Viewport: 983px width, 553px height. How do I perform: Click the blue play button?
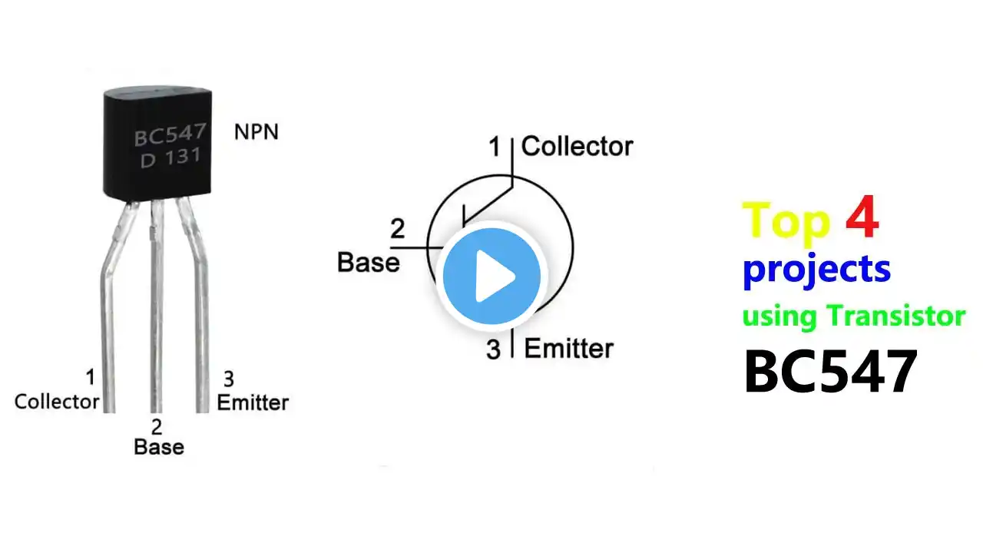[x=491, y=276]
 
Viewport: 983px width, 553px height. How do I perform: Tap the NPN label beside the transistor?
[x=257, y=131]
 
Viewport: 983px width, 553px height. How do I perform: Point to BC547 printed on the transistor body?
[x=170, y=134]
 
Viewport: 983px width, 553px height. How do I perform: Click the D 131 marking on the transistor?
[x=170, y=157]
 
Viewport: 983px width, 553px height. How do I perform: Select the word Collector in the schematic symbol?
[x=577, y=146]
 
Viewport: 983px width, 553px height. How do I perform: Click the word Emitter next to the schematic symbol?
[x=569, y=349]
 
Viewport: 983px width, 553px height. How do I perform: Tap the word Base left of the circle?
[x=368, y=263]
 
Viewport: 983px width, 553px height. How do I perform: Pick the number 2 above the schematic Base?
[x=397, y=228]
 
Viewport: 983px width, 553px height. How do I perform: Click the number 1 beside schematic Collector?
[x=495, y=146]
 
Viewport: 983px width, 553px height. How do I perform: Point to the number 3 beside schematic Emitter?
[x=493, y=349]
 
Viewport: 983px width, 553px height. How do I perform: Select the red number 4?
[x=862, y=217]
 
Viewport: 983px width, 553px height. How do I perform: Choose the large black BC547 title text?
[x=831, y=371]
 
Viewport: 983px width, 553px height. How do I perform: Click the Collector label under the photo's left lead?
[x=57, y=402]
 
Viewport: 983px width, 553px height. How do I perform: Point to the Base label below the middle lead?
[x=159, y=447]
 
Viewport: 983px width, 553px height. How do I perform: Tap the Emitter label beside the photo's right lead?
[x=253, y=402]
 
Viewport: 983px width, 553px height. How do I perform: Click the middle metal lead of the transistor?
[x=157, y=306]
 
